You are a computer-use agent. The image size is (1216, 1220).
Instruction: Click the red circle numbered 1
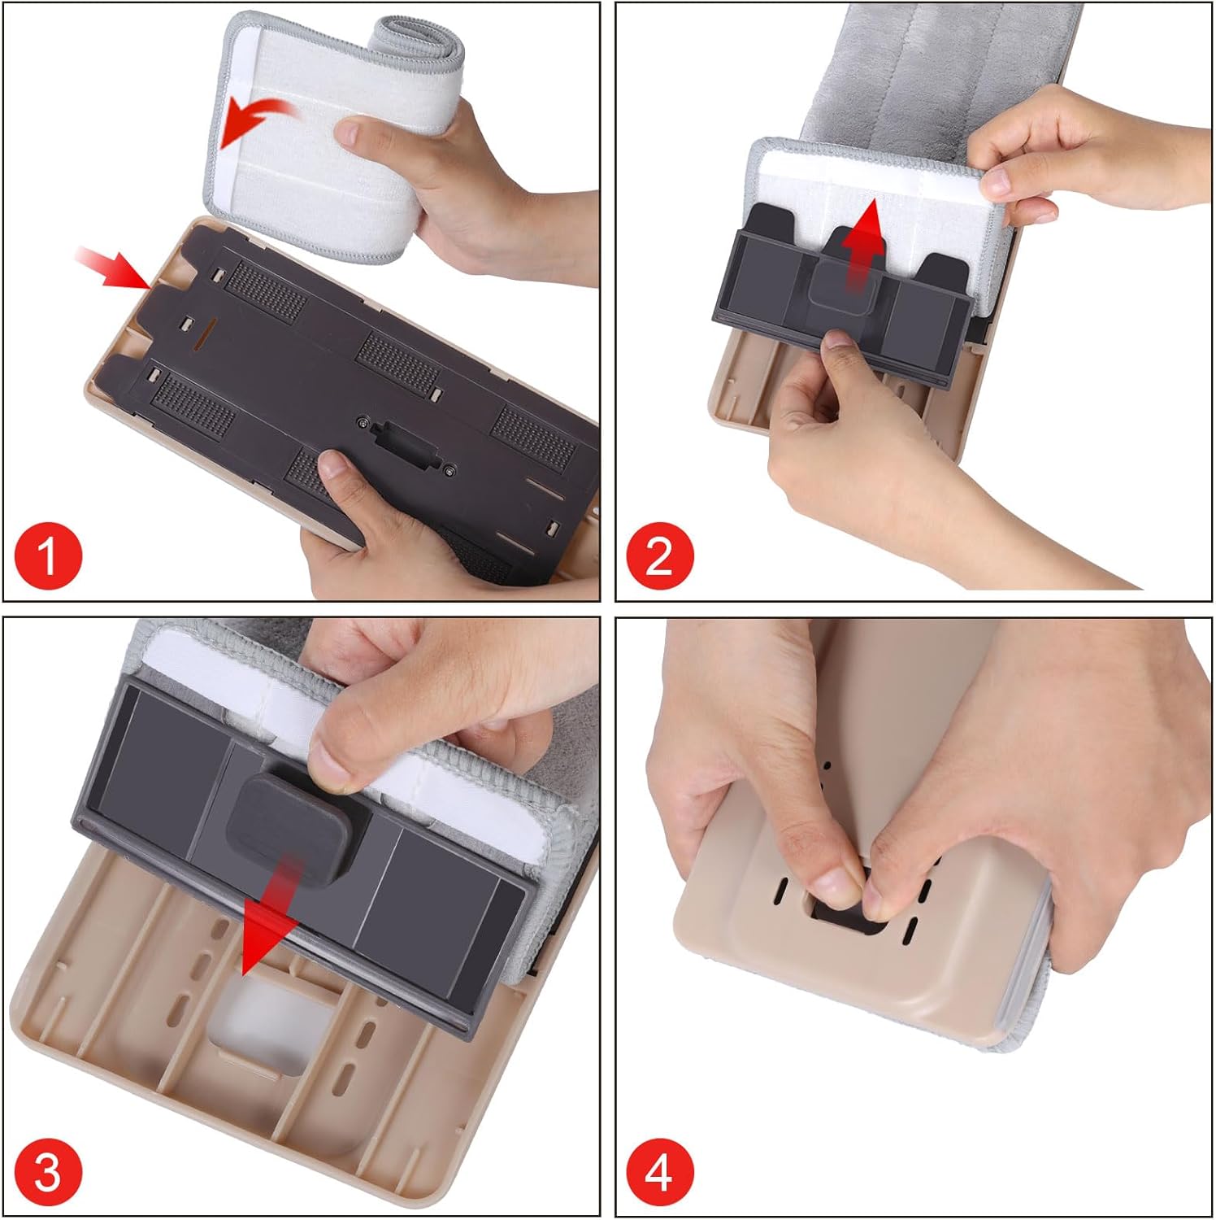49,557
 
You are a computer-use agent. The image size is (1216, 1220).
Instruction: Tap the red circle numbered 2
660,557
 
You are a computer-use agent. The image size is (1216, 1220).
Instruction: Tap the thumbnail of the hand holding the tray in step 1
332,468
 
